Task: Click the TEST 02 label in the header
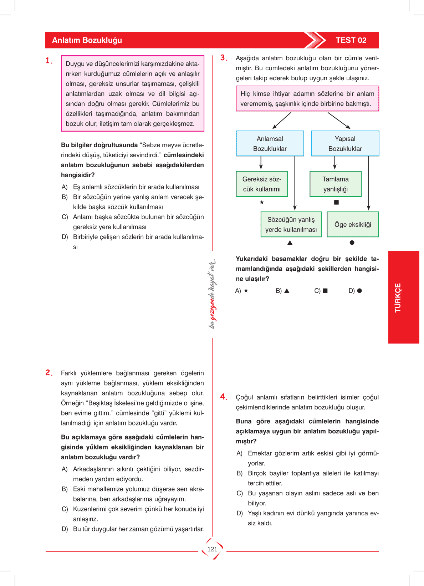(x=351, y=40)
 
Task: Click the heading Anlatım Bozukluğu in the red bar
(x=87, y=40)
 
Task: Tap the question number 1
(x=49, y=61)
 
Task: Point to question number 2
(x=49, y=373)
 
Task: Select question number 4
(x=224, y=397)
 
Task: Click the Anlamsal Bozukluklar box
(x=270, y=143)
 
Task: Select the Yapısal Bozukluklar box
(x=345, y=143)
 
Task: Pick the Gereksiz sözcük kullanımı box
(x=262, y=184)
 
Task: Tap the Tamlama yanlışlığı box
(x=336, y=184)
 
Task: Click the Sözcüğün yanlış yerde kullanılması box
(x=291, y=224)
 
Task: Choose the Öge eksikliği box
(x=353, y=224)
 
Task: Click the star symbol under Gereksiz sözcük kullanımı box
(x=262, y=202)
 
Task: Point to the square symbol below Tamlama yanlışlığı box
(x=336, y=202)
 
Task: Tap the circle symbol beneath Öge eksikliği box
(x=352, y=243)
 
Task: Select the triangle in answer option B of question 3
(x=287, y=291)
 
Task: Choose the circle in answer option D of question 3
(x=359, y=291)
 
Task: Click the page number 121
(x=212, y=549)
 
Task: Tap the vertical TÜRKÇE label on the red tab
(x=398, y=297)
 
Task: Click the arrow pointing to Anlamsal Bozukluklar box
(x=282, y=121)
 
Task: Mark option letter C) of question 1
(x=65, y=217)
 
